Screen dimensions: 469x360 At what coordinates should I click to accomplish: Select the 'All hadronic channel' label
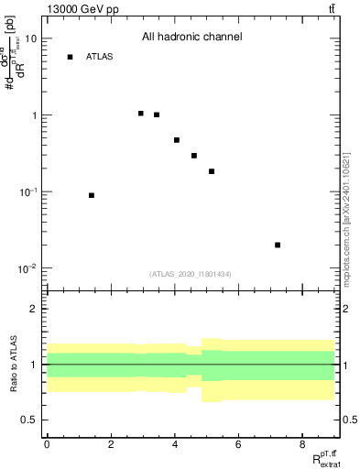[x=191, y=38]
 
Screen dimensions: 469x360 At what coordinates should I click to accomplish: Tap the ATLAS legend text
[x=100, y=57]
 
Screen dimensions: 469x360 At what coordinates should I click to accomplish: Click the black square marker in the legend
[x=70, y=57]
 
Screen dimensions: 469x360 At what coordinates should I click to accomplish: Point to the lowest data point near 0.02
[x=278, y=245]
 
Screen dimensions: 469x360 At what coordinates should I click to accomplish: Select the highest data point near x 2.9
[x=140, y=114]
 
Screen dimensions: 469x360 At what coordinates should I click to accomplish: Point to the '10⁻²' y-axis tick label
[x=28, y=268]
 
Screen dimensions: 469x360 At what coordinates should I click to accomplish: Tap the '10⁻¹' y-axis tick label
[x=28, y=192]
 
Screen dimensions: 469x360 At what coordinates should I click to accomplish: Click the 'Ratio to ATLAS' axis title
[x=13, y=364]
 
